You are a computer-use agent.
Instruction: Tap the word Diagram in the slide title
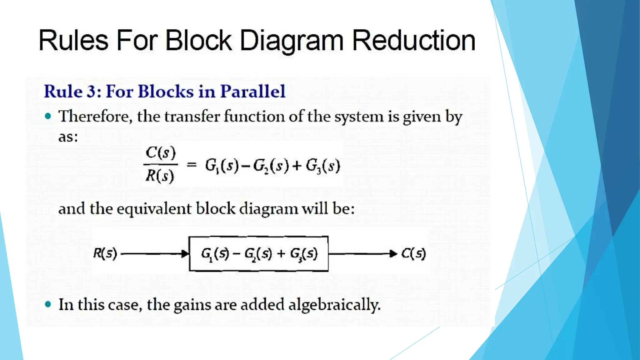(x=292, y=41)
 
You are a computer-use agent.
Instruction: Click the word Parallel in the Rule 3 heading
(x=253, y=91)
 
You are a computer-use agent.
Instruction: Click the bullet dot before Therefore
(x=48, y=116)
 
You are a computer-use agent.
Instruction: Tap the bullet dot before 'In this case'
(x=48, y=304)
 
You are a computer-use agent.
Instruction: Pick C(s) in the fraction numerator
(x=161, y=153)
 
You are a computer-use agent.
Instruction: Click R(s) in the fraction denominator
(x=160, y=176)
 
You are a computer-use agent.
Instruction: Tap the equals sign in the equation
(x=191, y=165)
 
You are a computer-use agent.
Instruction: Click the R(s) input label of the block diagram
(x=105, y=253)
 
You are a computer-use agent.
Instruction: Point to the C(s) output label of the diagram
(x=413, y=253)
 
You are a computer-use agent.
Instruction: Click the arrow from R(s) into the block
(x=155, y=254)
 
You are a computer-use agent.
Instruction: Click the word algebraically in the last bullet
(x=334, y=305)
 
